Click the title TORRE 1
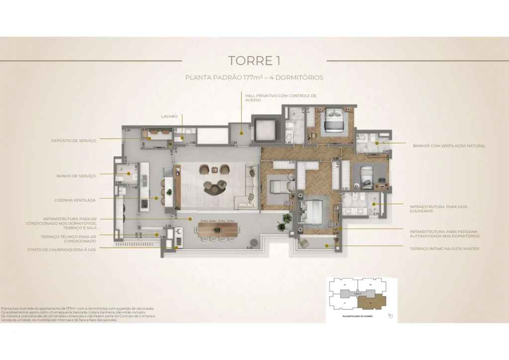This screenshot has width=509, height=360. [254, 61]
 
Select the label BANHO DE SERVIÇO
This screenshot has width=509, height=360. [76, 175]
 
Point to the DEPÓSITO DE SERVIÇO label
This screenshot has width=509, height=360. [74, 141]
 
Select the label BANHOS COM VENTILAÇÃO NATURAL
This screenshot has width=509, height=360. [449, 146]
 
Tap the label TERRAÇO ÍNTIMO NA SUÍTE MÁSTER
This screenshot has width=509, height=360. [444, 248]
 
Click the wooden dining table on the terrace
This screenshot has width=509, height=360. [217, 230]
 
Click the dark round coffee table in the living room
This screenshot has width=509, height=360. [214, 187]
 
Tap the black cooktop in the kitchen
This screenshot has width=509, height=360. [145, 204]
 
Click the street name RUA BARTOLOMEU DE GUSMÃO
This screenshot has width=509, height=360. [357, 316]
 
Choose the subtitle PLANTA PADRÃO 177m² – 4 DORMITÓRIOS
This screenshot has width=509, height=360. [254, 78]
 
